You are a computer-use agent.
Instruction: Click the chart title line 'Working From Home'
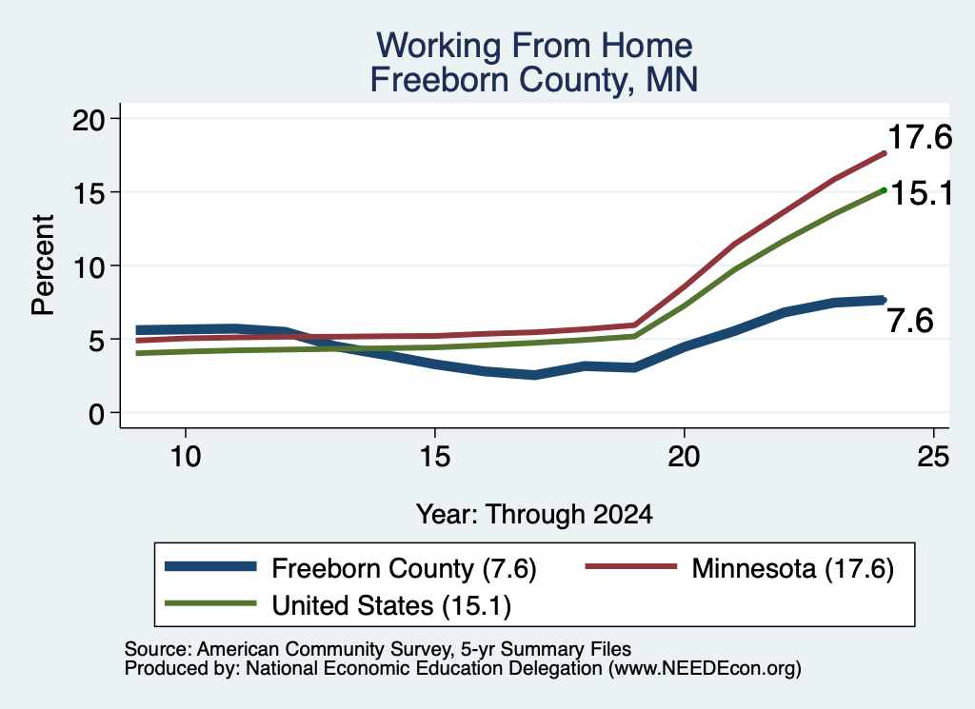point(534,46)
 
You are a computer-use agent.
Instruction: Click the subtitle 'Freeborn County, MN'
point(534,80)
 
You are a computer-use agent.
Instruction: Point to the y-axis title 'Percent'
point(44,265)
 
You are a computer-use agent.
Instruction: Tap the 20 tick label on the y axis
point(89,119)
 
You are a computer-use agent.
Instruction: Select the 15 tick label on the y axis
point(89,192)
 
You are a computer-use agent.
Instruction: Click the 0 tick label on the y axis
point(97,413)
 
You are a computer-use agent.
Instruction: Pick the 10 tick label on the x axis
point(186,457)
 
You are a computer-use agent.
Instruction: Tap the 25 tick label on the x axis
point(933,457)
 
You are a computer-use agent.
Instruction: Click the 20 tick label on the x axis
point(684,457)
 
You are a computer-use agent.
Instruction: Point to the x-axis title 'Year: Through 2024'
point(534,515)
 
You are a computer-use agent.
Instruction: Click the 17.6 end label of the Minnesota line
point(920,137)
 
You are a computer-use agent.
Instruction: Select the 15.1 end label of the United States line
point(921,193)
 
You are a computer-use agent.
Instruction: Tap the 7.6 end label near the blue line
point(910,322)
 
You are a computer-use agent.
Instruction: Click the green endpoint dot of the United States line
point(884,190)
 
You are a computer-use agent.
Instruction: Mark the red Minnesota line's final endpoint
point(884,153)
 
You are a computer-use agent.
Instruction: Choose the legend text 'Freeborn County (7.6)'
point(404,568)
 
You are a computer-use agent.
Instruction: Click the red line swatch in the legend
point(631,566)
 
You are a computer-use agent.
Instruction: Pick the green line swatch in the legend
point(210,603)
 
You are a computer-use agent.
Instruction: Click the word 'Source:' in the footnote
point(158,649)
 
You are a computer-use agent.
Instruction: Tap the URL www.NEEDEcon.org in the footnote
point(704,669)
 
